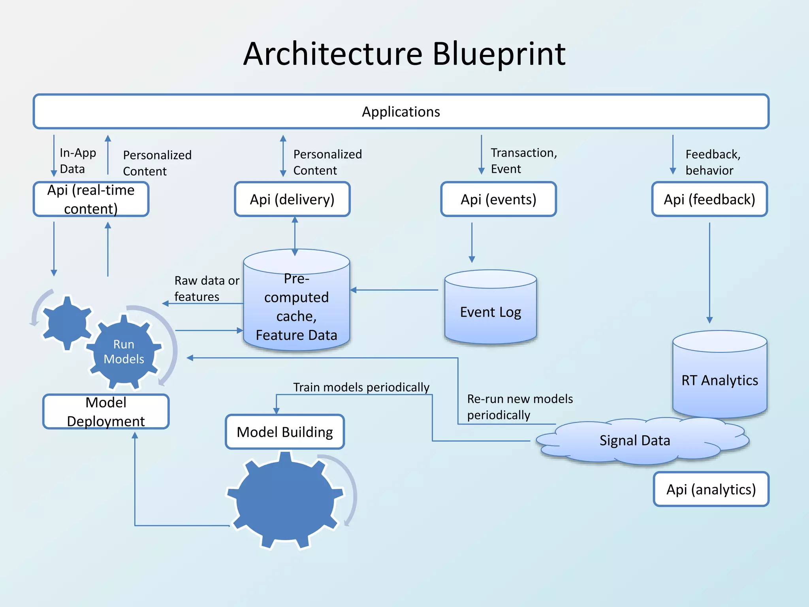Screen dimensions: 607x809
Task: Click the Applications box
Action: tap(401, 111)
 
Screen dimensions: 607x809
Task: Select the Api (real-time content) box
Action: tap(91, 199)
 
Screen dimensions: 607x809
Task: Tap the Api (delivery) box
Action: tap(292, 199)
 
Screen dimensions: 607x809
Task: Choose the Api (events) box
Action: tap(498, 199)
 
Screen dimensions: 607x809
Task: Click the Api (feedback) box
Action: tap(709, 199)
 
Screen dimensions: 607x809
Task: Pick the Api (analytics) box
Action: tap(711, 489)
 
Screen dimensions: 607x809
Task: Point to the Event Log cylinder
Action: tap(490, 312)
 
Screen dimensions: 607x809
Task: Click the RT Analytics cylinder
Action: tap(719, 380)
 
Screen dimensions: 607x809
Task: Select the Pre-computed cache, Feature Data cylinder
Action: tap(296, 307)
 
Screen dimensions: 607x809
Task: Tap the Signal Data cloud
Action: tap(634, 441)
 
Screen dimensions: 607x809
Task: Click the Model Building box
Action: tap(284, 432)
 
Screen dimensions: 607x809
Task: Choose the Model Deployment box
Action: tap(106, 412)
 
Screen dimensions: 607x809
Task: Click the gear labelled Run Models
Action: tap(124, 351)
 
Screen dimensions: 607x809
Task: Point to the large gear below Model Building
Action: tap(285, 500)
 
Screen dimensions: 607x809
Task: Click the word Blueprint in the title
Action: tap(499, 54)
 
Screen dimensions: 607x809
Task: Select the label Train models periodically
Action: tap(361, 387)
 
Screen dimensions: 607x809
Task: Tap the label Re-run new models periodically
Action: tap(519, 407)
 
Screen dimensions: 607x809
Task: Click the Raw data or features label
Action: tap(206, 288)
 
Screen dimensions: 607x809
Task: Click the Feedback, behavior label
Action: tap(712, 162)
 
